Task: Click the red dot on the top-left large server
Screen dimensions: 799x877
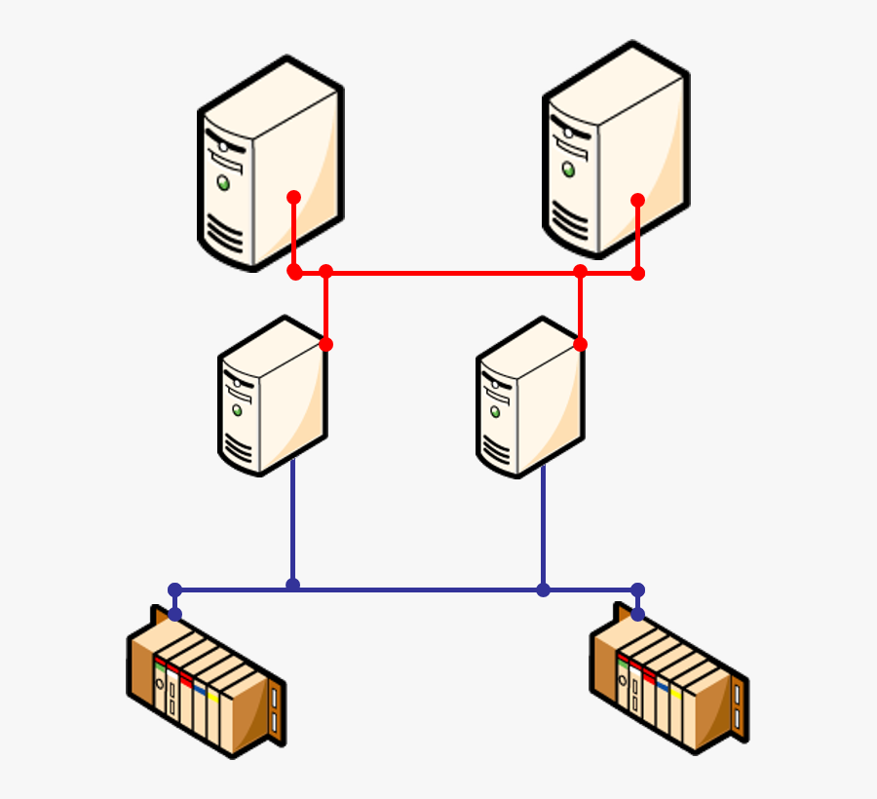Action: coord(293,197)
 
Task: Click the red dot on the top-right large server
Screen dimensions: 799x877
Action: coord(637,200)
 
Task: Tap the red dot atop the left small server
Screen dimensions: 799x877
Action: coord(325,344)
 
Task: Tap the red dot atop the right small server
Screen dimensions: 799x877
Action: coord(581,344)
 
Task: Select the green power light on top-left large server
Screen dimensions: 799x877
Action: coord(224,182)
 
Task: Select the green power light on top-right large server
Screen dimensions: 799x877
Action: coord(568,170)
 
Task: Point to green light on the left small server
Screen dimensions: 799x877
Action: coord(236,409)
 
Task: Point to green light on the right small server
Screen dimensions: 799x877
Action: coord(495,411)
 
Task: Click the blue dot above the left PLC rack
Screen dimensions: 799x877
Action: coord(174,614)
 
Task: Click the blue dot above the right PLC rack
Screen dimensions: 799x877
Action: coord(637,614)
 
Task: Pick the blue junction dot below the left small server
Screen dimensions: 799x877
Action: coord(292,585)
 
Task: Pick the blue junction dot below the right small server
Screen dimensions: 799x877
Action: coord(543,590)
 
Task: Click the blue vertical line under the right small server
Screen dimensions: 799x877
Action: coord(543,526)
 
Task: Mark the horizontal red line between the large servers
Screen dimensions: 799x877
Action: coord(453,273)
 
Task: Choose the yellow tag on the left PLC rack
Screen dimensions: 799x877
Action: coord(212,697)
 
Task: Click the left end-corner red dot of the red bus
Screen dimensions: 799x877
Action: coord(294,272)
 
